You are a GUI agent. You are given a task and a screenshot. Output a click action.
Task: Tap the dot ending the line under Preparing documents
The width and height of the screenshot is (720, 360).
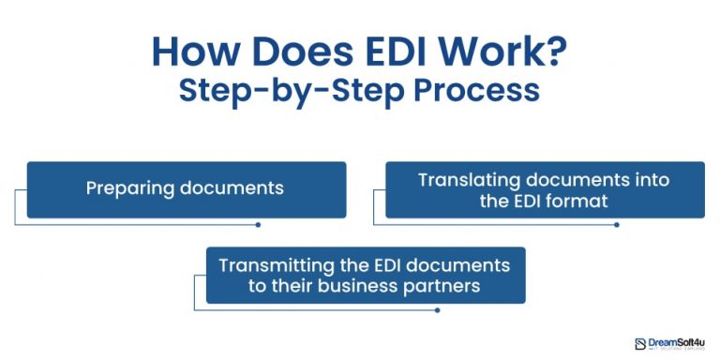[x=258, y=225]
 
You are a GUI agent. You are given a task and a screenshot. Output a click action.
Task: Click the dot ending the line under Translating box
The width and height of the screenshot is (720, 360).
[x=616, y=225]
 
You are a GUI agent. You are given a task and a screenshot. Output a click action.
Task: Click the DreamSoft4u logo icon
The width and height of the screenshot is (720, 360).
[x=640, y=344]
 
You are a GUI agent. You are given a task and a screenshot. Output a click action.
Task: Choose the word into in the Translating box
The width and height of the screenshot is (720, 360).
[x=625, y=179]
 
